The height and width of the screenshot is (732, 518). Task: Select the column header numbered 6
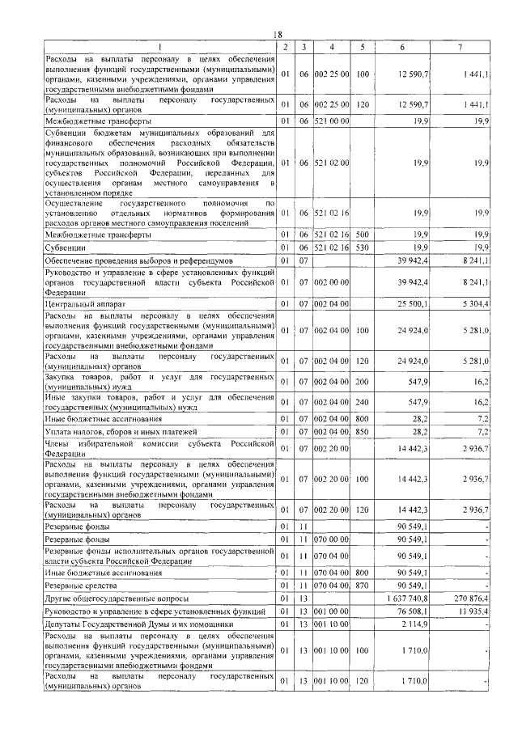click(403, 46)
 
